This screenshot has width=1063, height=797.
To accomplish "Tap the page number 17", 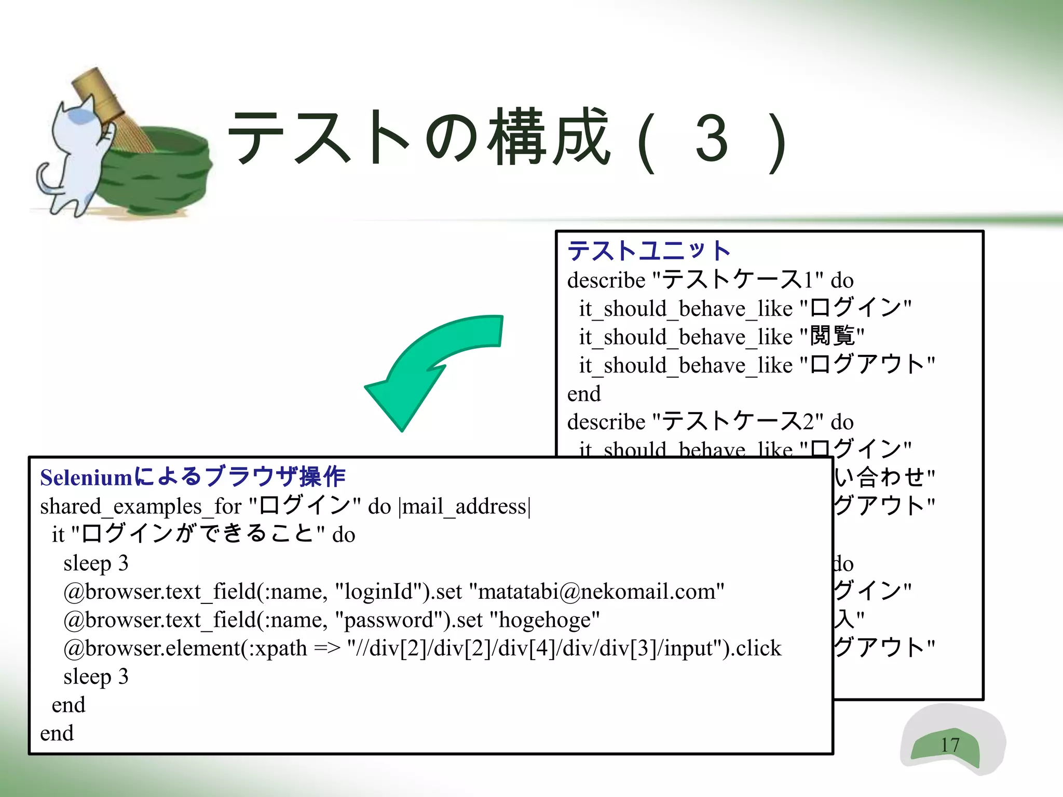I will tap(950, 745).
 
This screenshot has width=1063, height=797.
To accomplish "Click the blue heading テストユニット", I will tap(649, 251).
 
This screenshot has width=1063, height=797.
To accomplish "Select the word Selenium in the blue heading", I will tap(87, 477).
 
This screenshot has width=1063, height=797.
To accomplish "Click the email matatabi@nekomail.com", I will tap(597, 592).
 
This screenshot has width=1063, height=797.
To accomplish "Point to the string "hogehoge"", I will tap(545, 620).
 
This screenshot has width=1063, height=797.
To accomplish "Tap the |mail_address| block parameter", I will tap(465, 506).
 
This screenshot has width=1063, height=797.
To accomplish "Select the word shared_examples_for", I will tap(141, 506).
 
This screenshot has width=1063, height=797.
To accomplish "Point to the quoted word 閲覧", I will tap(832, 336).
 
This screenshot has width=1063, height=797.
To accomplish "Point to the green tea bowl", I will tap(156, 171).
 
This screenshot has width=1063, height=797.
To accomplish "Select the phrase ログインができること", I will tap(197, 534).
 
